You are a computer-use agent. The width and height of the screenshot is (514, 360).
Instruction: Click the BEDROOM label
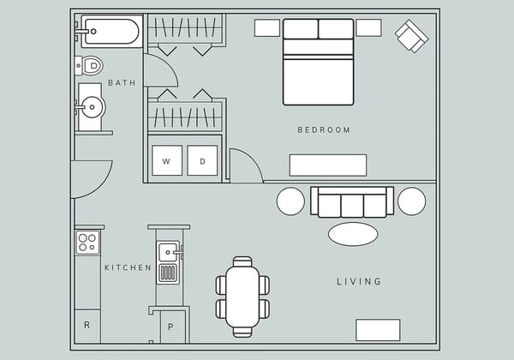(x=324, y=130)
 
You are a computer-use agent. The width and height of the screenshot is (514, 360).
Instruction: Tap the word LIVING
(x=358, y=281)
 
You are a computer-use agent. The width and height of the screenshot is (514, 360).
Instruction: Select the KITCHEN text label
(x=128, y=267)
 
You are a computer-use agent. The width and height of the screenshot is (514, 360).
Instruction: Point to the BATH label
(x=122, y=83)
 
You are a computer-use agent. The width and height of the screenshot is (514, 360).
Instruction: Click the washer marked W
(x=166, y=160)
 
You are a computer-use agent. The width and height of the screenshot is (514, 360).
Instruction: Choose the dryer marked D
(x=202, y=160)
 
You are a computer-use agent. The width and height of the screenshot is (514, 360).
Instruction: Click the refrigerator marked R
(x=87, y=326)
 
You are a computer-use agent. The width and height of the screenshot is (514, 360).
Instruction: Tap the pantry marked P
(x=171, y=327)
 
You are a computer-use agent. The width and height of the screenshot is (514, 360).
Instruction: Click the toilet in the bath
(x=90, y=65)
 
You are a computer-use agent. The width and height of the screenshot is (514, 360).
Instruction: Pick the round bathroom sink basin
(x=91, y=107)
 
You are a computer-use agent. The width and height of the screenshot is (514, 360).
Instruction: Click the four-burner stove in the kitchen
(x=87, y=242)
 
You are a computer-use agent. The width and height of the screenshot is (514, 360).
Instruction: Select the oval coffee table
(x=353, y=234)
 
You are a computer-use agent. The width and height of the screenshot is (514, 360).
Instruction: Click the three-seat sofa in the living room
(x=352, y=202)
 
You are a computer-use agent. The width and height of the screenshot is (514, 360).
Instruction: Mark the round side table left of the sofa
(x=290, y=201)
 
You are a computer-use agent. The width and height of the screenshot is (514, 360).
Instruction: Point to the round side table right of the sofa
(x=412, y=201)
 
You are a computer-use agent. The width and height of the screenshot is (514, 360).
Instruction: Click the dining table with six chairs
(x=242, y=297)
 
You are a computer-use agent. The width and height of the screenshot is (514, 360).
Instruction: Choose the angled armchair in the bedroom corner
(x=411, y=36)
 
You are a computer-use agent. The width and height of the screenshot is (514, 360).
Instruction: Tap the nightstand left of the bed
(x=267, y=28)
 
